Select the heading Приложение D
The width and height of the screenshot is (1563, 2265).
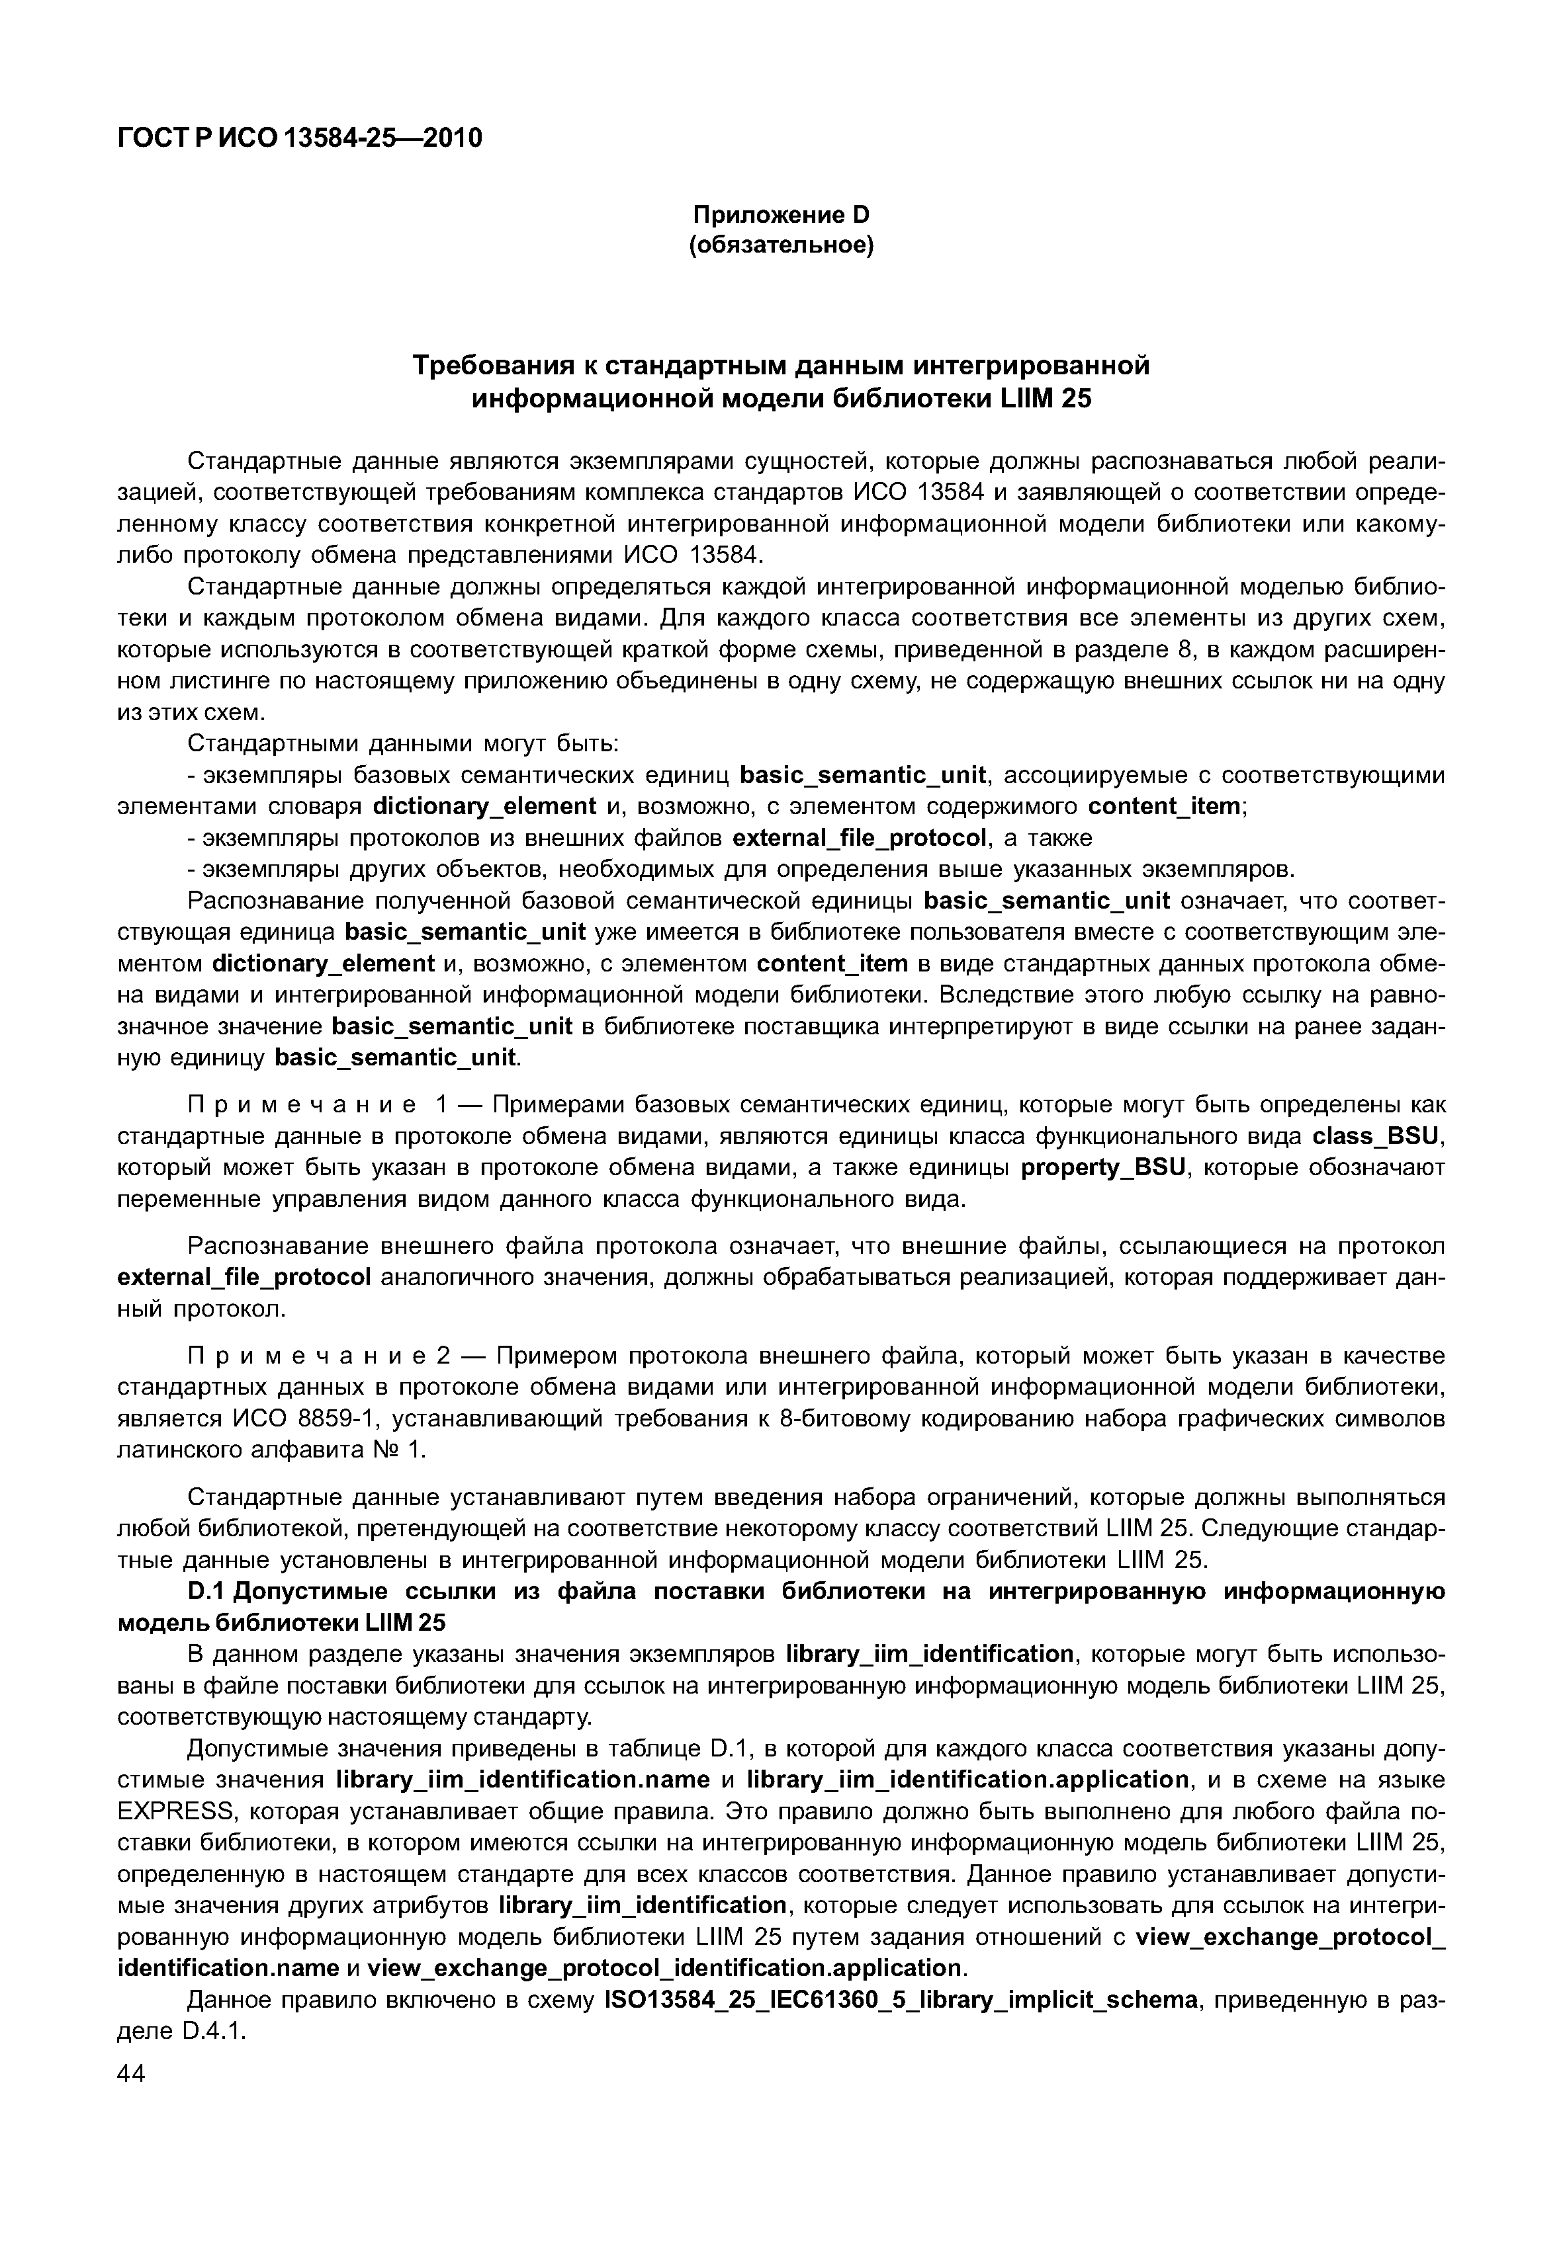pyautogui.click(x=781, y=214)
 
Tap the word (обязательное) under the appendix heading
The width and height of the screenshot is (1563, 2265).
pyautogui.click(x=781, y=245)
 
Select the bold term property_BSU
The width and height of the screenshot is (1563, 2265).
pyautogui.click(x=1102, y=1168)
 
